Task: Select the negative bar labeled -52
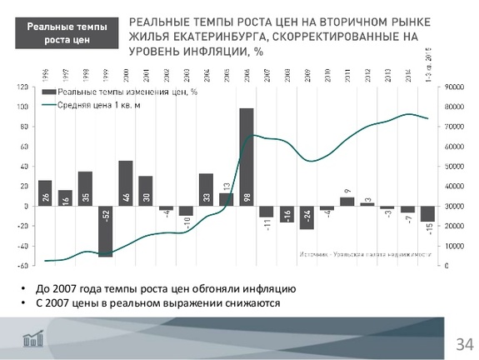point(105,231)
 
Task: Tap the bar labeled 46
point(125,183)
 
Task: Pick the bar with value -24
point(307,217)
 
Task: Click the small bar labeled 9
point(347,201)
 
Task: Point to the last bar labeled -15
point(427,214)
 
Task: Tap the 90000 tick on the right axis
point(454,87)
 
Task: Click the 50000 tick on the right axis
point(454,166)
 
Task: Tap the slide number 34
point(463,343)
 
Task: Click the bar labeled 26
point(45,192)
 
